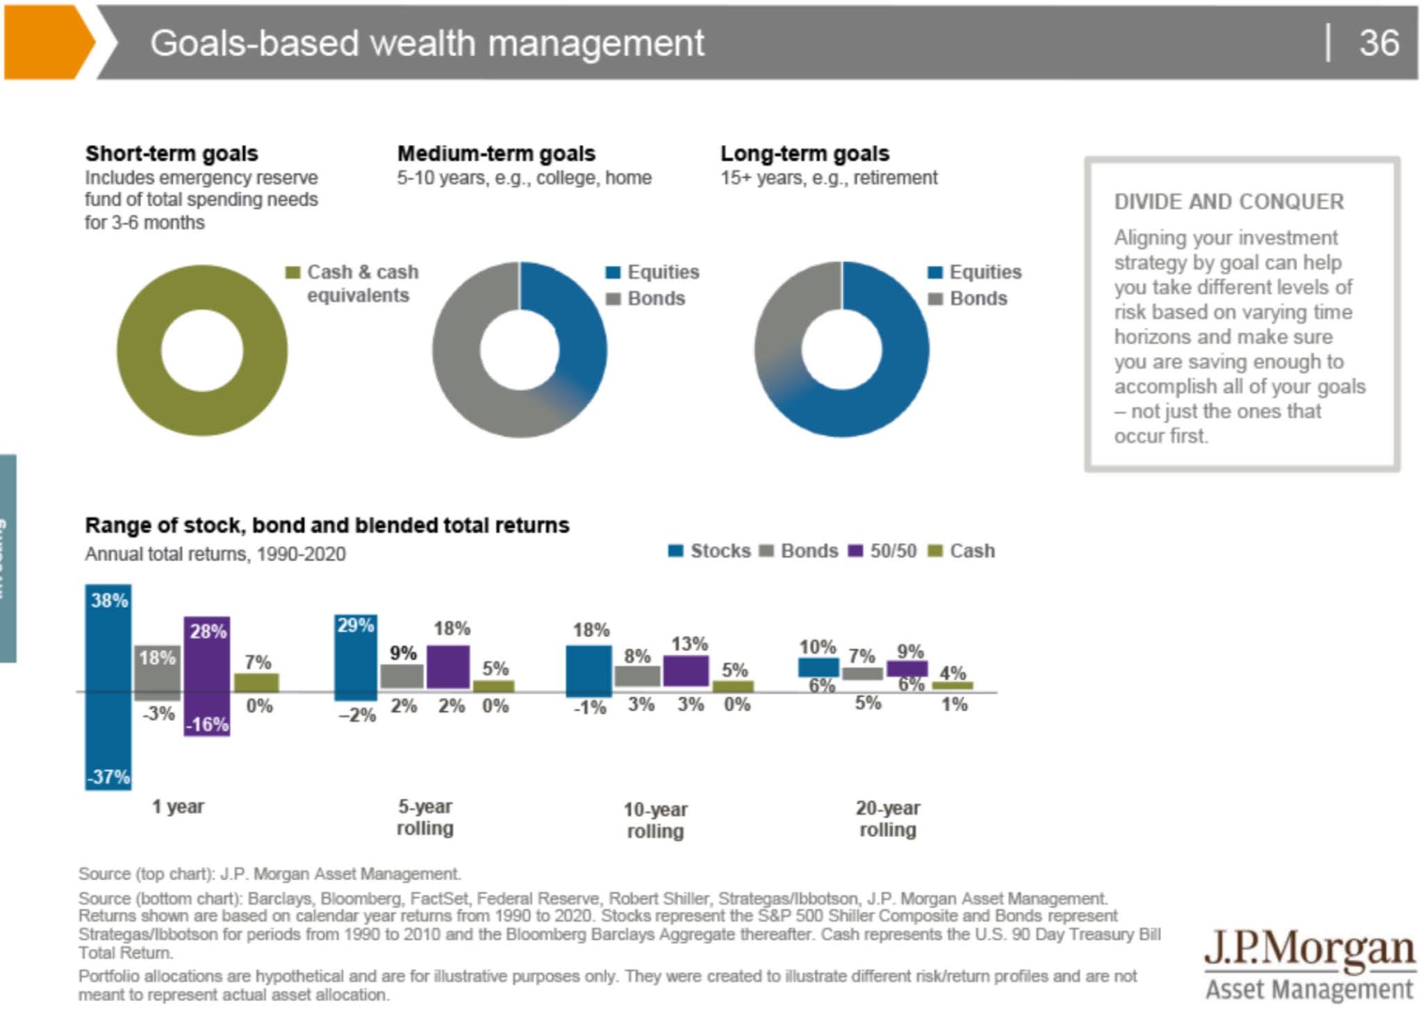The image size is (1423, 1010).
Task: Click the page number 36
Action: [1379, 43]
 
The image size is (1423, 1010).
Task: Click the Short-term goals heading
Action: [171, 154]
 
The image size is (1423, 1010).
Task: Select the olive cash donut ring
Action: [139, 351]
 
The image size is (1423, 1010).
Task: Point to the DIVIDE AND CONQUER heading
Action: [1228, 202]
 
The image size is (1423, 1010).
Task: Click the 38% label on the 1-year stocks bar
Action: [109, 600]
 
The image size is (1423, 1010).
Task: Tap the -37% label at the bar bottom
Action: [108, 777]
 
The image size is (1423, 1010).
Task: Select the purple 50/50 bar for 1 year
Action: [207, 677]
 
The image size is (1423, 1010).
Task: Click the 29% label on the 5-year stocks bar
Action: [355, 625]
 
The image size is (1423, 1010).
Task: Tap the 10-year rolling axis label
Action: [655, 820]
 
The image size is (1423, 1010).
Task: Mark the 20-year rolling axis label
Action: [887, 818]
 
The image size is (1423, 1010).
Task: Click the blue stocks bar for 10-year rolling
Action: [589, 670]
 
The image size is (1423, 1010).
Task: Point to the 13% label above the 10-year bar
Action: [689, 644]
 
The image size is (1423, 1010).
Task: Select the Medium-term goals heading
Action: [496, 154]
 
